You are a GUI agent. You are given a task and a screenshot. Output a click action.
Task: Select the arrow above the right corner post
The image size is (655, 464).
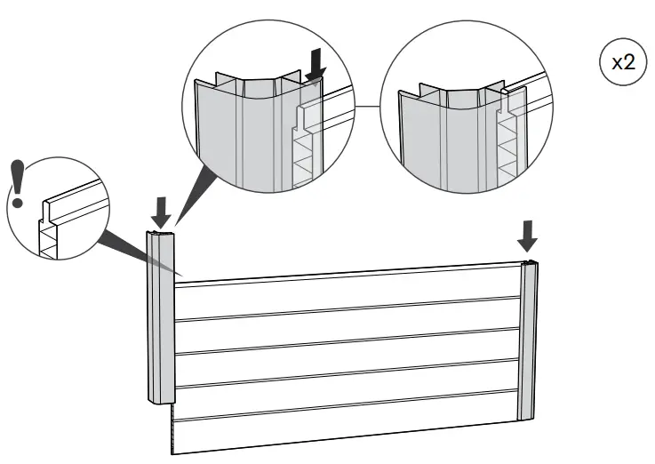pyautogui.click(x=528, y=235)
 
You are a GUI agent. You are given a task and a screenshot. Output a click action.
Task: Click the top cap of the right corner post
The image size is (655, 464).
pyautogui.click(x=530, y=266)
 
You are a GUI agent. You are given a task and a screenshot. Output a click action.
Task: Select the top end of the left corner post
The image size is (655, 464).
pyautogui.click(x=160, y=236)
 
